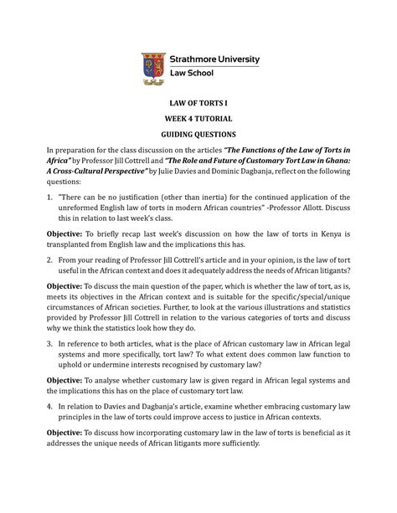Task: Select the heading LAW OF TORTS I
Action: click(198, 102)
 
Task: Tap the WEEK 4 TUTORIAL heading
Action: click(198, 119)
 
